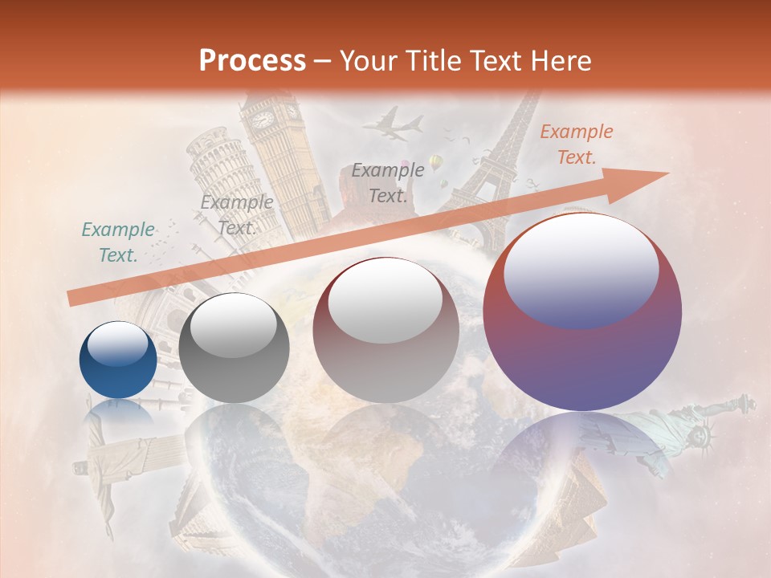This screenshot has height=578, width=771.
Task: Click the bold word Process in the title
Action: pos(252,60)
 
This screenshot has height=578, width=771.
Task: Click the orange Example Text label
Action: pos(576,144)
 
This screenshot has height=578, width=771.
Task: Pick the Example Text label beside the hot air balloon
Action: pos(388,182)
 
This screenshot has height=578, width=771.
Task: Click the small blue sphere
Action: pos(118,360)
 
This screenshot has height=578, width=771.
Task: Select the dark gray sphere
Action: pos(234,348)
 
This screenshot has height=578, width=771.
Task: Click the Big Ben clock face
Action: pos(263,120)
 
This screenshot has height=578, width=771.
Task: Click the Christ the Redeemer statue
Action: pos(96,466)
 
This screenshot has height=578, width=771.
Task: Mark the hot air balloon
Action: pos(436,164)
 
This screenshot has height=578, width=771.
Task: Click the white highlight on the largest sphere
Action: pos(581,261)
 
